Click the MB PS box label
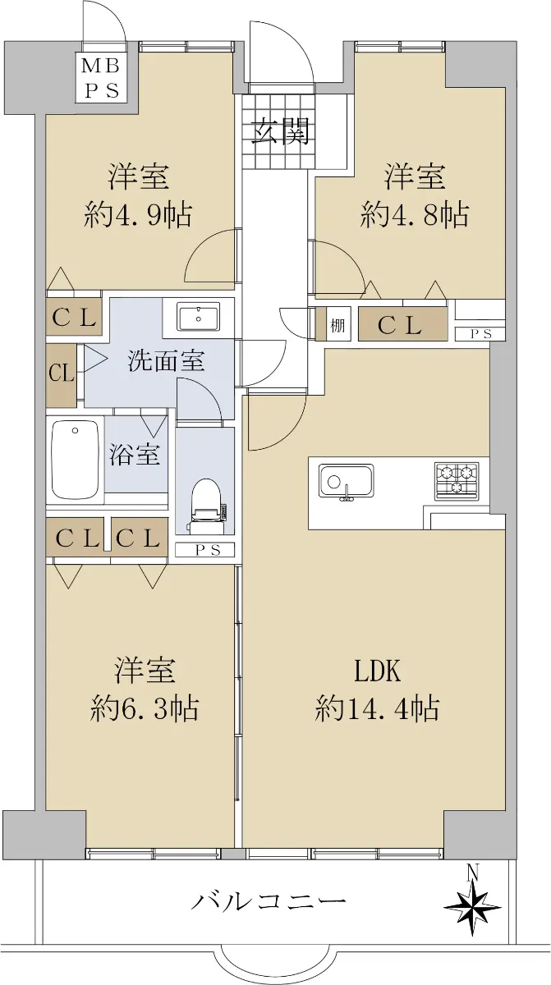point(102,77)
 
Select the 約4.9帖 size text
point(139,216)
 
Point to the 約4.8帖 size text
point(415,216)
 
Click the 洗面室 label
point(166,360)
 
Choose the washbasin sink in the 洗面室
point(198,317)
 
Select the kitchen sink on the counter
point(347,482)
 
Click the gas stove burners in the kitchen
point(456,479)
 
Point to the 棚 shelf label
point(338,325)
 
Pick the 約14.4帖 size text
point(377,708)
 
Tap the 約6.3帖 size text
point(144,708)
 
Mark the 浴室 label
point(135,454)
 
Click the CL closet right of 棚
point(400,325)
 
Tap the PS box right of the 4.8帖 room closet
point(480,333)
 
